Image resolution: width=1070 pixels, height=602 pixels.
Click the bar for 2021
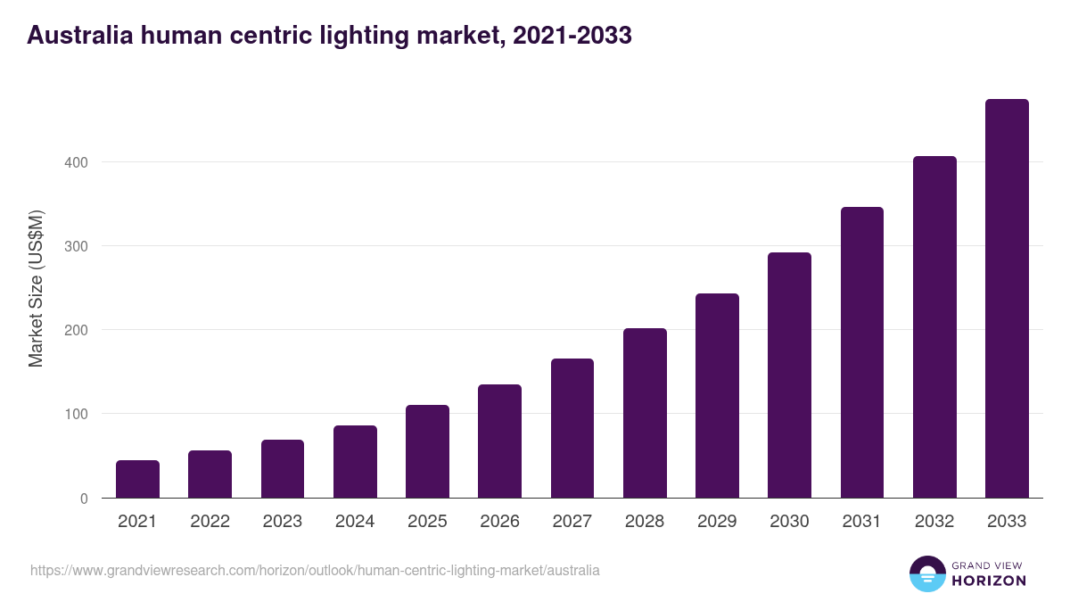[x=137, y=479]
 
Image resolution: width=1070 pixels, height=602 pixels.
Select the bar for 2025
[x=427, y=451]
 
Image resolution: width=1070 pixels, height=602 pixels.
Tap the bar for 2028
[x=645, y=413]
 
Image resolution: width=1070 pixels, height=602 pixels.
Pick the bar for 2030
[x=789, y=375]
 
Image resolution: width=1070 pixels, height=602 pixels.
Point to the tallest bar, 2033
[x=1007, y=298]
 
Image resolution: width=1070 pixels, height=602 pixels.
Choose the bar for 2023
[x=283, y=468]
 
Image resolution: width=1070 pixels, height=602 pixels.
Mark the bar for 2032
[x=934, y=326]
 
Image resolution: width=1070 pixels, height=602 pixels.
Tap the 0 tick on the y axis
[x=84, y=499]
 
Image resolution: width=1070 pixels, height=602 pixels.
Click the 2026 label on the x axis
[x=499, y=522]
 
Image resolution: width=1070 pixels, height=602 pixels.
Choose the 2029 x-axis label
[x=717, y=522]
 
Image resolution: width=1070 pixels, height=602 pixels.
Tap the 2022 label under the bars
[x=210, y=522]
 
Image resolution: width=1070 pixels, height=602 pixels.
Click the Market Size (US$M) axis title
[x=37, y=288]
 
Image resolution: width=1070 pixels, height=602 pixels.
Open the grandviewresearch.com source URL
[x=315, y=570]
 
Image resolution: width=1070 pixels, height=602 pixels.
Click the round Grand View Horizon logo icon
[x=926, y=573]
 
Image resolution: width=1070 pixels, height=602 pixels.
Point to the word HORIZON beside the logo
[x=990, y=581]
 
